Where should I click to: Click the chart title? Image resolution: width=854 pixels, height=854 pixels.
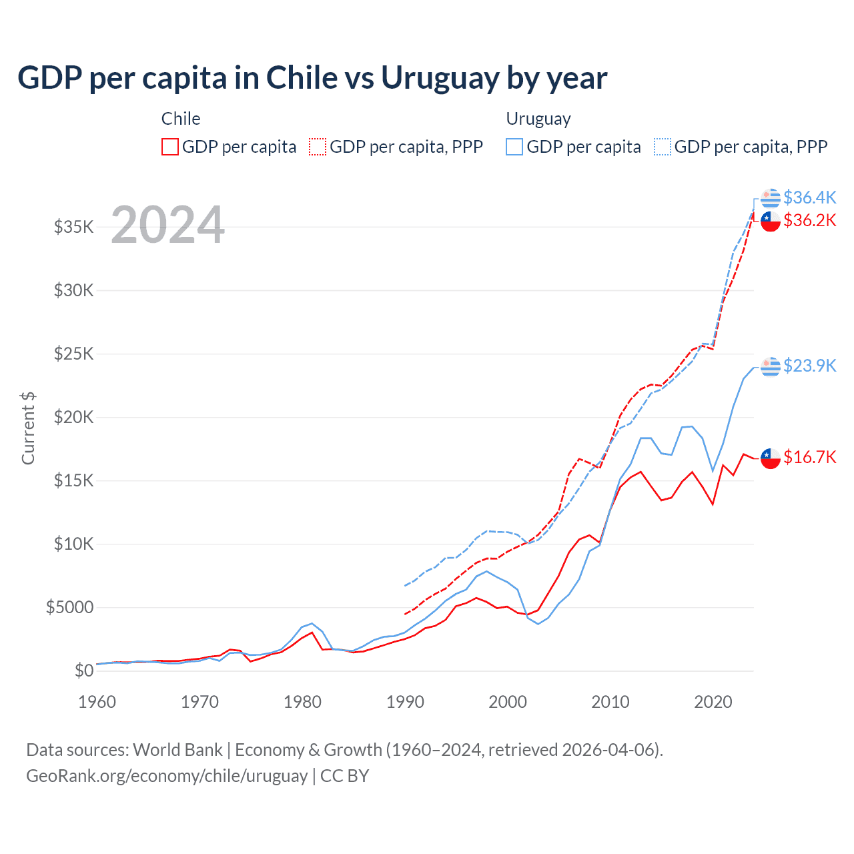point(312,78)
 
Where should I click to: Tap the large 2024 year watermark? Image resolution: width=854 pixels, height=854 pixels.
point(167,225)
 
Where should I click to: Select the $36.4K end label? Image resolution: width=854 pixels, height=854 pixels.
point(809,197)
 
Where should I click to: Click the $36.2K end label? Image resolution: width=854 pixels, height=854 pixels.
point(809,220)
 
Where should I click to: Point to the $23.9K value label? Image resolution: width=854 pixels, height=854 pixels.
point(809,366)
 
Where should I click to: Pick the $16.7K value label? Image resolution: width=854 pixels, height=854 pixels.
point(809,457)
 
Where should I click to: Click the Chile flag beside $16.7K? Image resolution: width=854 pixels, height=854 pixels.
point(771,458)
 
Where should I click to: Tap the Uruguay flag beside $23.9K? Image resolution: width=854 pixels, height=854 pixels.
point(771,366)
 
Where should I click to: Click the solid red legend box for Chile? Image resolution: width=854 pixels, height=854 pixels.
point(170,147)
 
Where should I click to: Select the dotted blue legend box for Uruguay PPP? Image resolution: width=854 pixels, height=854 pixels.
point(663,147)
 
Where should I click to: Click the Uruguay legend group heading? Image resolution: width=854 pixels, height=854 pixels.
point(538,119)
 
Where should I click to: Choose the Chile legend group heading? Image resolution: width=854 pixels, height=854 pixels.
point(181,119)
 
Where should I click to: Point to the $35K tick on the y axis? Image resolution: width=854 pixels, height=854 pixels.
point(74,227)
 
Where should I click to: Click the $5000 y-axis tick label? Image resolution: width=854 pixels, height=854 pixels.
point(69,607)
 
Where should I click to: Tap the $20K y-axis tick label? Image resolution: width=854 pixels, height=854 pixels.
point(74,417)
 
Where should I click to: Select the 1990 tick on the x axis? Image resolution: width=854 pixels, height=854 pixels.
point(405,702)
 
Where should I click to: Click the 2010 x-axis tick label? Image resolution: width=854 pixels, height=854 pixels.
point(610,702)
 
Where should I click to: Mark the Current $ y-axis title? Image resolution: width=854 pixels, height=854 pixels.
point(28,428)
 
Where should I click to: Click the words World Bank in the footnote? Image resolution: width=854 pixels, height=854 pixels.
point(177,750)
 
